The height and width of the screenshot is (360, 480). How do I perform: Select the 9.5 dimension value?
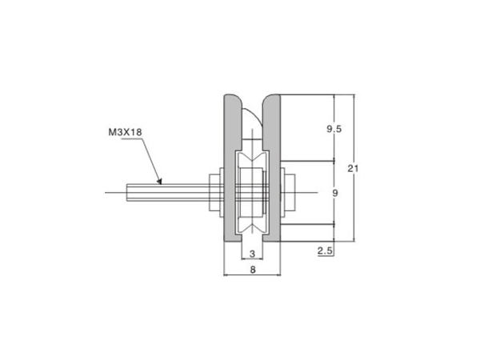(x=334, y=129)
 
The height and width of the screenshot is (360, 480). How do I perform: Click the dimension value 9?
(x=334, y=193)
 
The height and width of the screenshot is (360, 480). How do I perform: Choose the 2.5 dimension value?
(x=326, y=251)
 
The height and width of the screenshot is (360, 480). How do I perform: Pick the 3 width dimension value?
(x=253, y=254)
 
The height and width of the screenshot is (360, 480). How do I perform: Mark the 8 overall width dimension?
(x=253, y=271)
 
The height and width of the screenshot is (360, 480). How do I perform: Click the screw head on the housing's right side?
(x=290, y=193)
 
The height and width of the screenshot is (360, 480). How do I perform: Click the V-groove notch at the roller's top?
(x=253, y=158)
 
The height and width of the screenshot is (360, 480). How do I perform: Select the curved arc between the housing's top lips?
(x=250, y=116)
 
